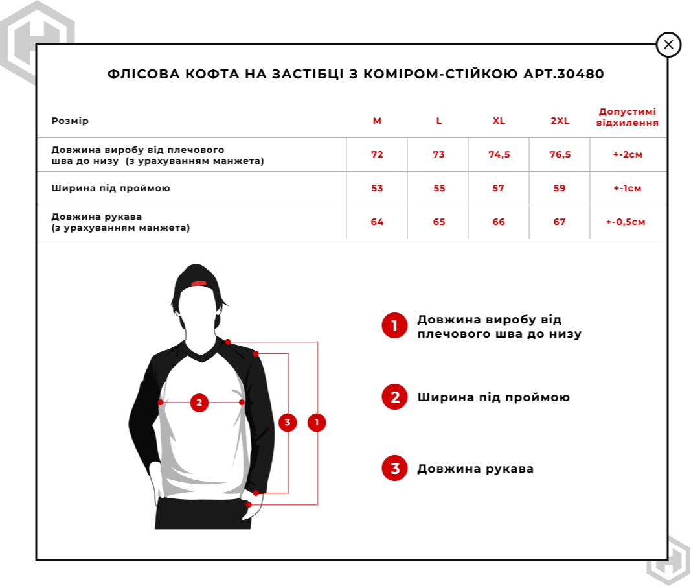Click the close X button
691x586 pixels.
click(668, 45)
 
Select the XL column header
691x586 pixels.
click(499, 121)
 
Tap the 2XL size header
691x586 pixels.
click(560, 121)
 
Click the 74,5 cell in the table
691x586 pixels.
click(499, 155)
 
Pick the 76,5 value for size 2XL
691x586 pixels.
click(560, 155)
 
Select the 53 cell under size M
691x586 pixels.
click(377, 189)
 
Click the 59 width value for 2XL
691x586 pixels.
click(560, 189)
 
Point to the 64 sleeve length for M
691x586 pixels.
click(377, 222)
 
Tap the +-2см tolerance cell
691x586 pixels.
click(628, 155)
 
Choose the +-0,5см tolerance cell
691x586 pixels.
click(628, 222)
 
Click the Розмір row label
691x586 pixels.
click(70, 121)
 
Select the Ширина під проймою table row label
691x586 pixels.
click(111, 189)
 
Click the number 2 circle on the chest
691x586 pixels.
click(199, 403)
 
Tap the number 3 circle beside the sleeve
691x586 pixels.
click(288, 423)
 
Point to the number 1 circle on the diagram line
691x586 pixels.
click(317, 423)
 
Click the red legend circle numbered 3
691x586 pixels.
click(394, 468)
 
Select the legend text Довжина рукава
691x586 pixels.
click(475, 469)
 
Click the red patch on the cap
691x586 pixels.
click(199, 283)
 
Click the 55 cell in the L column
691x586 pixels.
click(438, 189)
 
